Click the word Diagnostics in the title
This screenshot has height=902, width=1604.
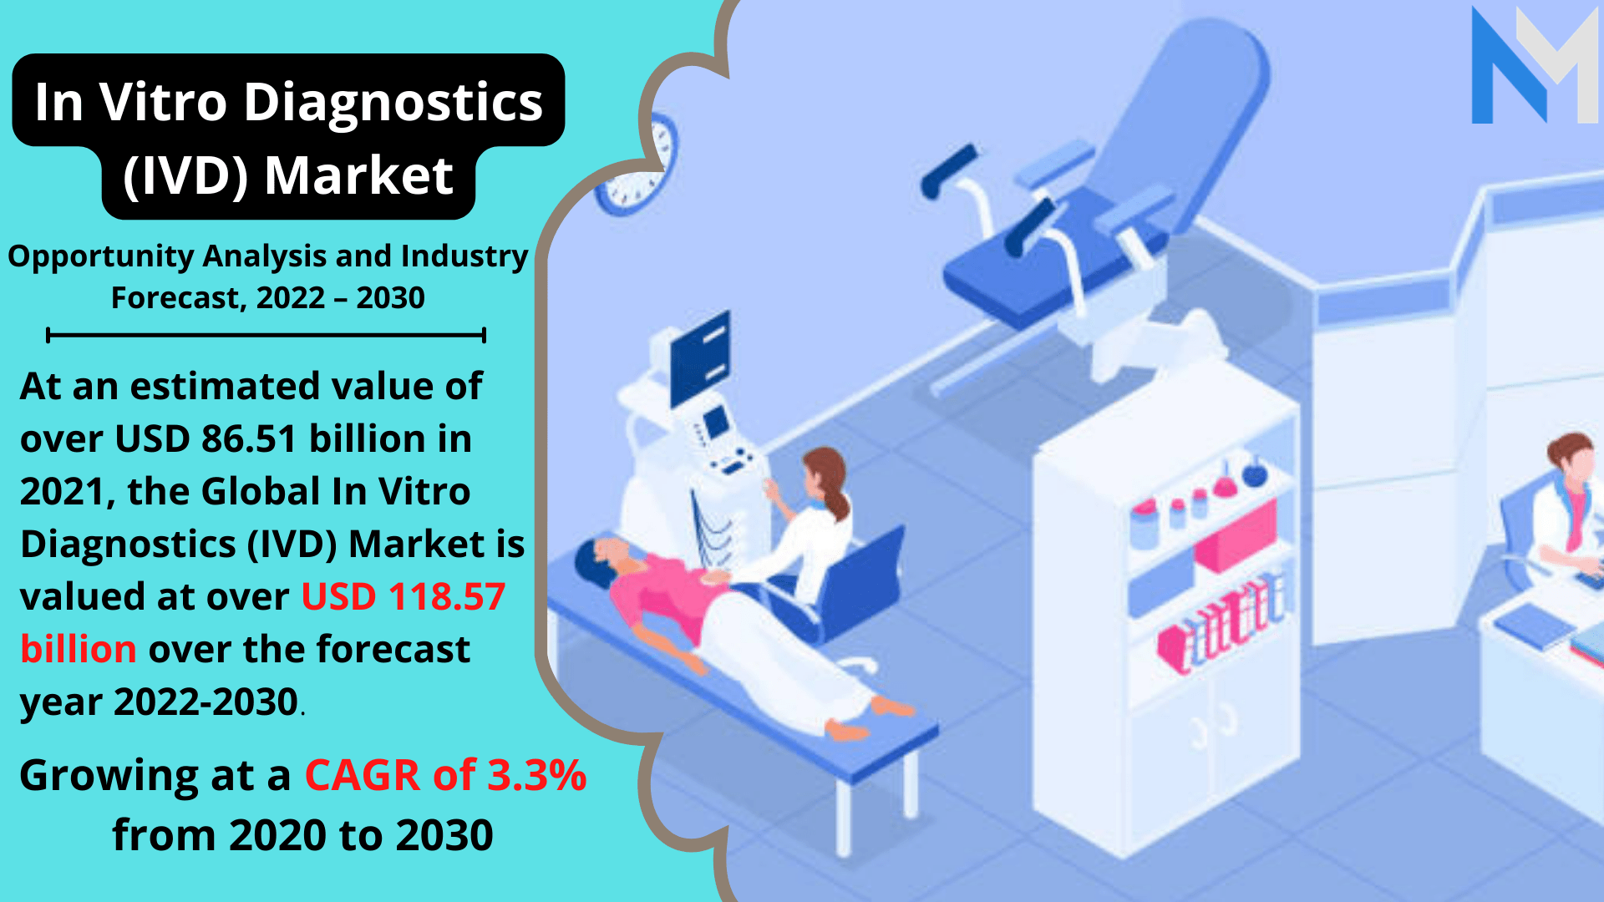click(393, 103)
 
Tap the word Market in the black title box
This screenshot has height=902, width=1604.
click(358, 175)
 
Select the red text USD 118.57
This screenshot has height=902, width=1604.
click(404, 596)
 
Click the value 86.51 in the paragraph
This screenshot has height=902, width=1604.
click(249, 438)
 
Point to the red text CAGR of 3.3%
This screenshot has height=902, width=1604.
click(445, 775)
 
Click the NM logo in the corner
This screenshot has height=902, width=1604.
click(1535, 65)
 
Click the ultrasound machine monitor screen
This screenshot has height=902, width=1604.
click(700, 358)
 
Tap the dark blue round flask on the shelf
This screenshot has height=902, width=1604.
click(1254, 474)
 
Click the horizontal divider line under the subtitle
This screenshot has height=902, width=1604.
click(266, 336)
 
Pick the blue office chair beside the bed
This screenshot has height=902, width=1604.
click(844, 585)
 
